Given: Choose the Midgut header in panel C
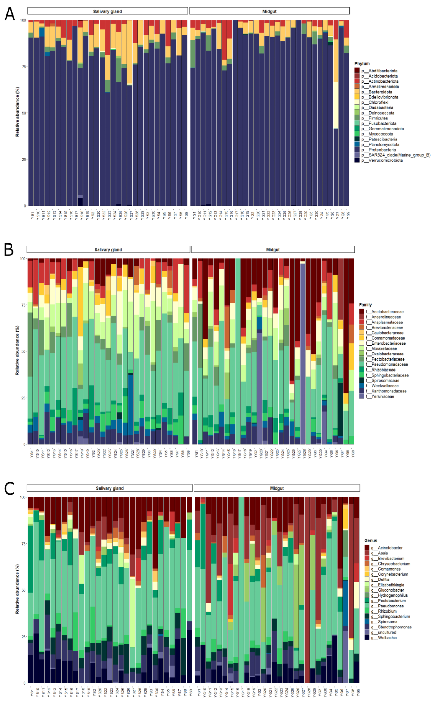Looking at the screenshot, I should click(277, 488).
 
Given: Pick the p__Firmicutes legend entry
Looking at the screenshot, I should click(378, 118).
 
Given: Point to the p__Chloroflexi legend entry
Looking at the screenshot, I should click(378, 102).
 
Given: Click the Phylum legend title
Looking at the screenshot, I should click(362, 63).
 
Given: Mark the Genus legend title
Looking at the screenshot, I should click(371, 540).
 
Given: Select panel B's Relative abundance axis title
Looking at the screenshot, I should click(17, 351).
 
